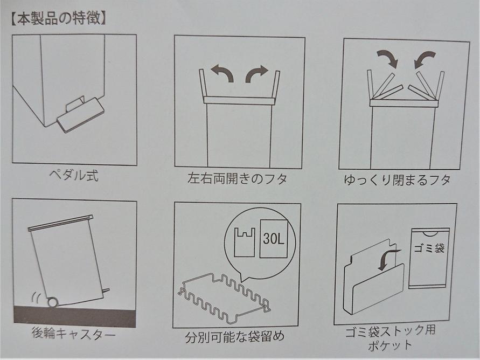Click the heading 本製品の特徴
(x=59, y=19)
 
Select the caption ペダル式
(x=74, y=175)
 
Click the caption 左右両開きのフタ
(x=237, y=178)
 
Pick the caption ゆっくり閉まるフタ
(x=397, y=179)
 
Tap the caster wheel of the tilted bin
(x=52, y=302)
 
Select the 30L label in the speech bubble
(x=273, y=238)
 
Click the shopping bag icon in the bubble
(x=244, y=242)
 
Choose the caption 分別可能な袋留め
(x=235, y=337)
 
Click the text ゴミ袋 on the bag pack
(x=429, y=247)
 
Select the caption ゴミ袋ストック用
(x=390, y=331)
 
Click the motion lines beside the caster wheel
(x=37, y=298)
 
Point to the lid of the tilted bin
(x=60, y=223)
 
